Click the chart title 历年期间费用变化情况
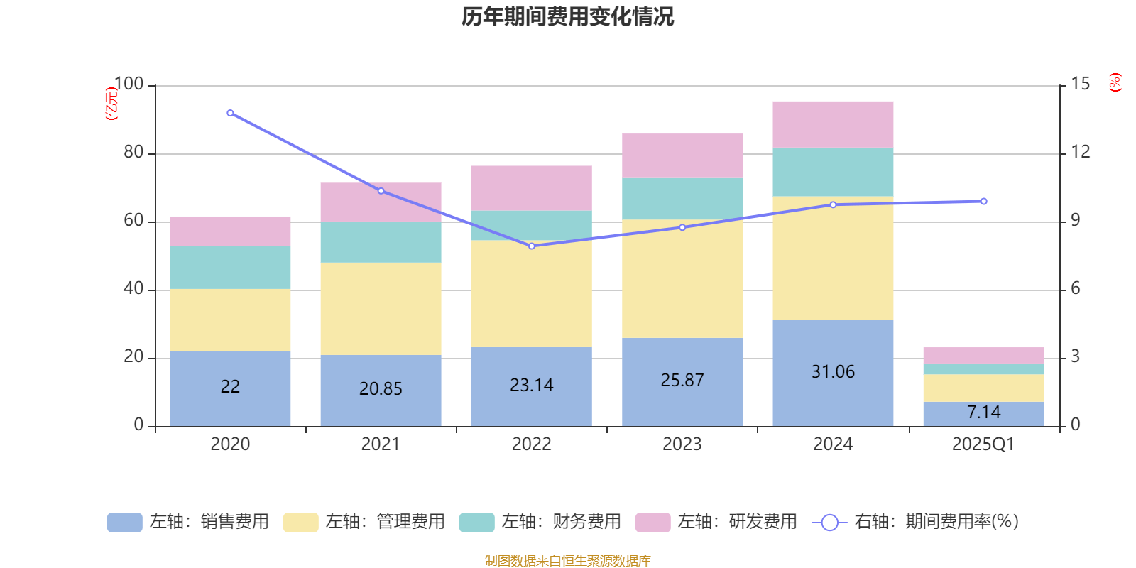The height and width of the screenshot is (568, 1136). (x=567, y=16)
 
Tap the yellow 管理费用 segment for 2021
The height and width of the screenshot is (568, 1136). (x=381, y=309)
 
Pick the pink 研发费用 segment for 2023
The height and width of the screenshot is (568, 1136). (x=682, y=155)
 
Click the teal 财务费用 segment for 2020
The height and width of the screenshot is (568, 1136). (x=230, y=268)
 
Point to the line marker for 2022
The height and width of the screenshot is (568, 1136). (x=532, y=246)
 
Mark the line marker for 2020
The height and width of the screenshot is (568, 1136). (x=230, y=113)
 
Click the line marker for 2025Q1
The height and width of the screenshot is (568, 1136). (x=983, y=202)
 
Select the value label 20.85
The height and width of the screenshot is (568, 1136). (x=381, y=388)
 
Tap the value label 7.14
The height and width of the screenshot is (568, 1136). (x=983, y=413)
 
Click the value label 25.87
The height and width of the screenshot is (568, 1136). (x=682, y=381)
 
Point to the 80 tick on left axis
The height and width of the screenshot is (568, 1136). (x=133, y=153)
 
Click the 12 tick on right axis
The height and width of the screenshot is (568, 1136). (x=1081, y=152)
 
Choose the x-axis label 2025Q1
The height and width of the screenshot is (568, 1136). (x=983, y=444)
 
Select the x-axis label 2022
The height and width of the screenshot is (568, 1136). (x=532, y=444)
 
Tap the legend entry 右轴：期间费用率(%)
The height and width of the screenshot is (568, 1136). (x=916, y=522)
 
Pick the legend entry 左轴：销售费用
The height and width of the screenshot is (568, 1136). (x=189, y=522)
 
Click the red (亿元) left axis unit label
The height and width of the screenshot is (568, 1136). (x=111, y=104)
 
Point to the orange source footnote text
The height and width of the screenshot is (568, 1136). (x=567, y=561)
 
